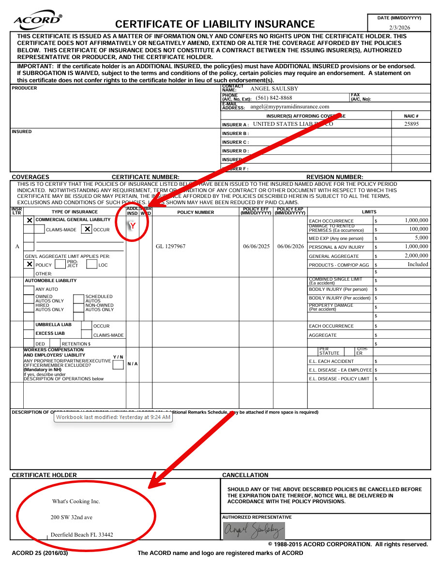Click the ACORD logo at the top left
38,20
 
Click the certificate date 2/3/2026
399,28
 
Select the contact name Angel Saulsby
274,89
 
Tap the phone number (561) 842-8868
274,98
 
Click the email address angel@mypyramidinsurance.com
289,106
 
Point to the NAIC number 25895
411,124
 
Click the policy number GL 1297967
171,246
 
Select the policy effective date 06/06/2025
256,246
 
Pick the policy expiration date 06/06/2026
290,246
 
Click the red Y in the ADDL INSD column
132,226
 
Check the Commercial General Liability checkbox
30,220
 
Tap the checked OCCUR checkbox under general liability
87,229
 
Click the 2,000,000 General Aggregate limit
416,255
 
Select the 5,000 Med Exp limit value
421,238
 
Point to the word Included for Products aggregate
418,264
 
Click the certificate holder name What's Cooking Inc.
76,501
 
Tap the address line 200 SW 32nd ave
72,517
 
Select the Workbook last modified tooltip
113,417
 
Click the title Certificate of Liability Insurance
215,24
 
